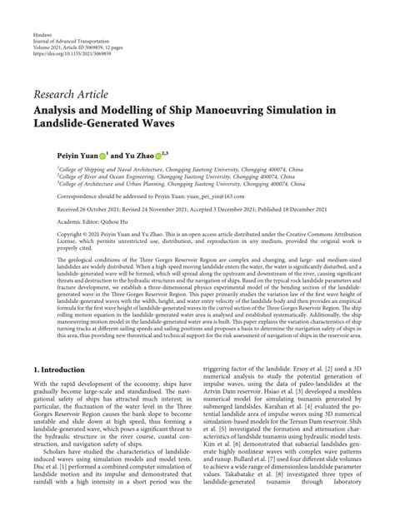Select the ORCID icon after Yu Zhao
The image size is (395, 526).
click(164, 156)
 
